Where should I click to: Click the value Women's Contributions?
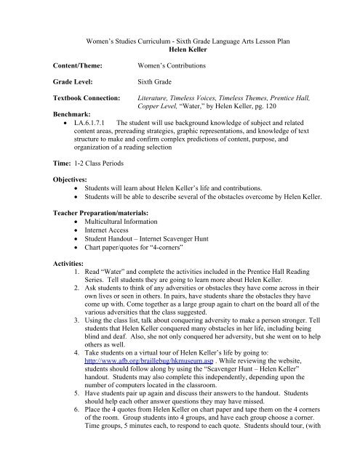[x=176, y=66]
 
